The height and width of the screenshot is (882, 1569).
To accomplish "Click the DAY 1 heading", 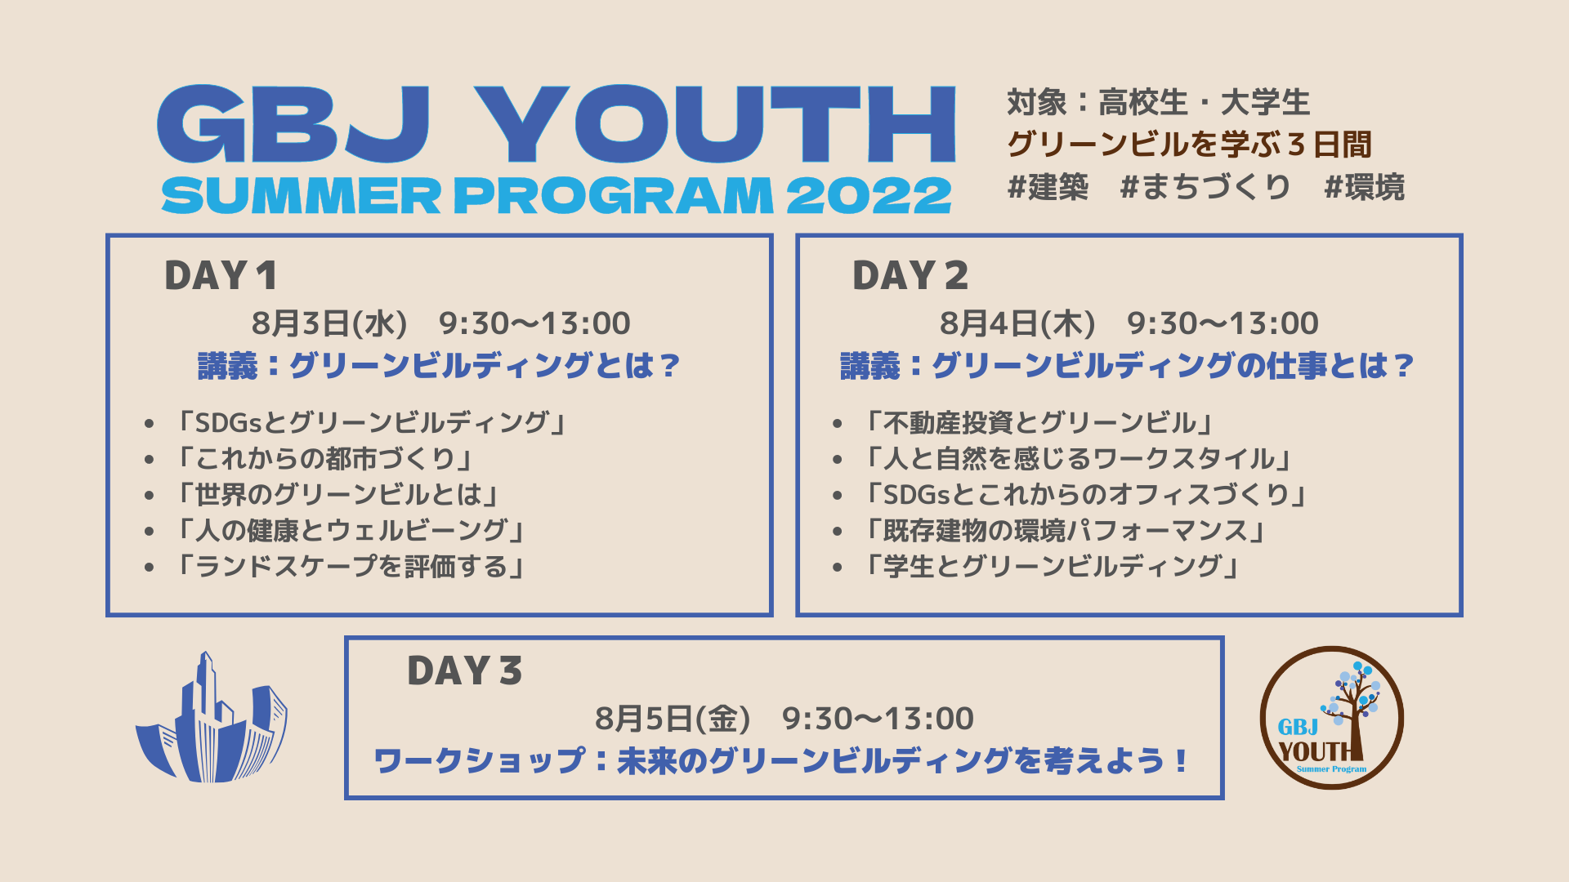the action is point(221,275).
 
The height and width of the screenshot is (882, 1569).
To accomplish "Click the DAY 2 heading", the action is point(910,275).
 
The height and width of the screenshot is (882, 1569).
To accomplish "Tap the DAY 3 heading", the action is point(464,670).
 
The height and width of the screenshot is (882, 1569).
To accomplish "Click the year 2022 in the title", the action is point(869,196).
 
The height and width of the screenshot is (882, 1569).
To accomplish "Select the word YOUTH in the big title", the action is point(715,124).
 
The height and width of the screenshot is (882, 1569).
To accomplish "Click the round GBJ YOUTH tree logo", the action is point(1331,718).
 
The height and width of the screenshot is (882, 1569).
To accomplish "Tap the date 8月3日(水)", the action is point(329,323).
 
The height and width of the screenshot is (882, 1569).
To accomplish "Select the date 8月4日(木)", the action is point(1017,323).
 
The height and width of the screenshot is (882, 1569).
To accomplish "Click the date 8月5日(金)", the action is point(673,719).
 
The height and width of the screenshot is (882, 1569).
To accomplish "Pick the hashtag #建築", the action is point(1048,187).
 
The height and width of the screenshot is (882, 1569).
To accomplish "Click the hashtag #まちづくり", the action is point(1205,187).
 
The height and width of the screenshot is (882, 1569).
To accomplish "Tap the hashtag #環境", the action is point(1365,187).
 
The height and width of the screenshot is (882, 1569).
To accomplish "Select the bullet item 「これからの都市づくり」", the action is point(324,458).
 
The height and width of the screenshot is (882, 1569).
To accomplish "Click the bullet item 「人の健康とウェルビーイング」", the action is point(350,530).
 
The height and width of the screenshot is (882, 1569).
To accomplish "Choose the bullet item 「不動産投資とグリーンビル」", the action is point(1038,422).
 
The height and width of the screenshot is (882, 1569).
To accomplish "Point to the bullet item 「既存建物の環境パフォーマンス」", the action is point(1065,530).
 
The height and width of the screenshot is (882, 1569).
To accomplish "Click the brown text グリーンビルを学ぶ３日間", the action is point(1189,145).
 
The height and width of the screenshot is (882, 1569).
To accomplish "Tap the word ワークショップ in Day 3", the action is point(480,761).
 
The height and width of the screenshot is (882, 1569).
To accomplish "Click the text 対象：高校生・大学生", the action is point(1159,102).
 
